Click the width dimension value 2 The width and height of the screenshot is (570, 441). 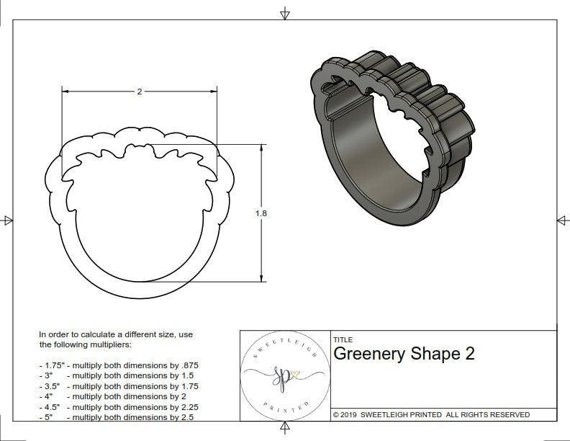[x=139, y=92]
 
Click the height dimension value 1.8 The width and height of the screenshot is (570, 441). [x=261, y=213]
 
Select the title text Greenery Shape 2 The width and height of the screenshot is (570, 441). [x=404, y=355]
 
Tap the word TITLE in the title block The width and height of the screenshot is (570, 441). [x=343, y=340]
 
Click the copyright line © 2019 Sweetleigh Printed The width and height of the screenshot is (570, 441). [x=431, y=414]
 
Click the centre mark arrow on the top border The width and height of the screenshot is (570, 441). [x=285, y=13]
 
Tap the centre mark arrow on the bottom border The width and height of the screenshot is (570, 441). [x=285, y=429]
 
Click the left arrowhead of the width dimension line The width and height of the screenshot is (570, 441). [x=65, y=92]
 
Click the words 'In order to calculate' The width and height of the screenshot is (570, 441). [x=79, y=335]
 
